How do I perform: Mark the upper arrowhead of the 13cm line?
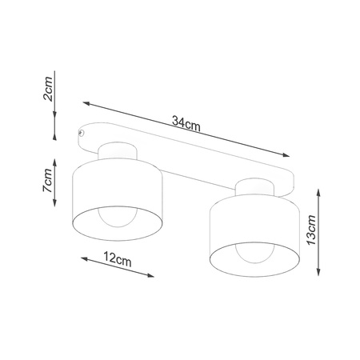(319, 191)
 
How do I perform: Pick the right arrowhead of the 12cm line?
(152, 276)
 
